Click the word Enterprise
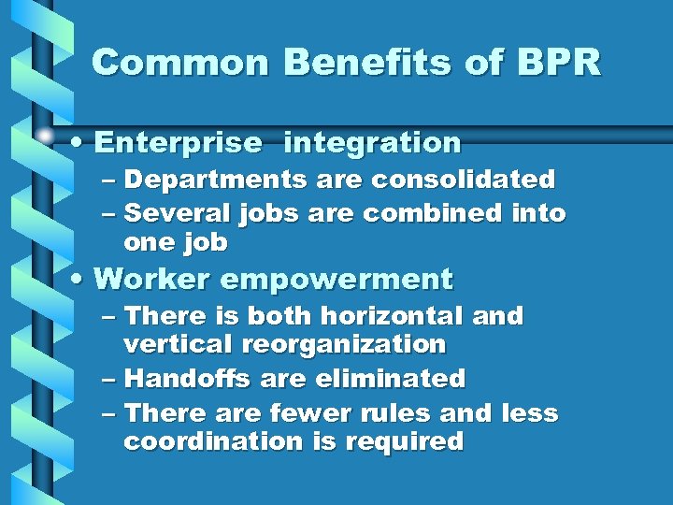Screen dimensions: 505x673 (x=179, y=143)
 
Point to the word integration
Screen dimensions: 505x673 (x=372, y=143)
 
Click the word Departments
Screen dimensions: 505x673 (x=212, y=179)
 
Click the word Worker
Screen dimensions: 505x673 (x=154, y=279)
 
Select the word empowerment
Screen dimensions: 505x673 (x=337, y=279)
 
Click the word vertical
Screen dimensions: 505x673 (x=179, y=344)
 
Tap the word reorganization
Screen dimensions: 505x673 (x=345, y=344)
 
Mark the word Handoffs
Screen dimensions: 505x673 (x=189, y=379)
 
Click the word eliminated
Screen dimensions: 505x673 (x=391, y=379)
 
